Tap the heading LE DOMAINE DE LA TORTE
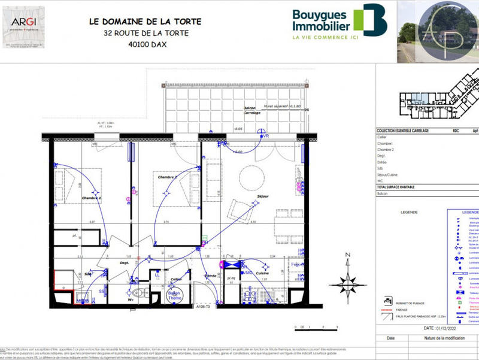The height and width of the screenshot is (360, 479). (x=145, y=21)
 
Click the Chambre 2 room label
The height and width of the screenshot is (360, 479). (x=168, y=177)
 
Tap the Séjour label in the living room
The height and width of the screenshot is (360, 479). (x=262, y=196)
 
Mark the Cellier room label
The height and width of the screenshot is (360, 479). (x=175, y=279)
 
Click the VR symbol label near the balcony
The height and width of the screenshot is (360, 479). (x=266, y=136)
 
